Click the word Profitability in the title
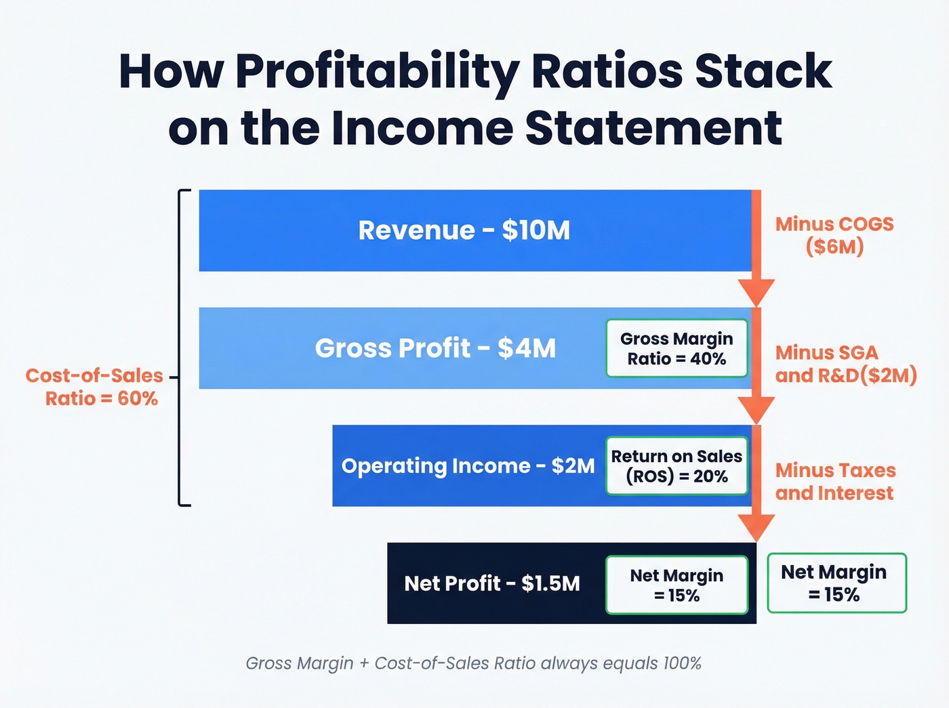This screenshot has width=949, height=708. click(x=377, y=72)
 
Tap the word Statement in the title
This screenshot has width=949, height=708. click(x=653, y=128)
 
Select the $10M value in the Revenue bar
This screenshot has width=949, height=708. click(x=536, y=230)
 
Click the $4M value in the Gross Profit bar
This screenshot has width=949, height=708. click(x=526, y=348)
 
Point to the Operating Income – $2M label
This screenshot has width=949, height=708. click(x=468, y=466)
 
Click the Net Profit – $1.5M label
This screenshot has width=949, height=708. click(x=492, y=583)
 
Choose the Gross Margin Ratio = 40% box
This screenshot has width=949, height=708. click(x=677, y=348)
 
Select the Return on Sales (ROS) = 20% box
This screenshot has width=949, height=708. click(x=677, y=466)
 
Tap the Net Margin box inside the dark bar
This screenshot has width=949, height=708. click(x=677, y=585)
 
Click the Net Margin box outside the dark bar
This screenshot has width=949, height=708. click(x=836, y=583)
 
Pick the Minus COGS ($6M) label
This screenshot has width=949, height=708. click(x=834, y=235)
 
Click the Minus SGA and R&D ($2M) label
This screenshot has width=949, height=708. click(x=845, y=364)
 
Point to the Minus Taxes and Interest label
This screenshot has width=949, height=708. click(x=835, y=482)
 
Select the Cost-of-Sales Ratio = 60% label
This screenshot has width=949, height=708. click(x=95, y=387)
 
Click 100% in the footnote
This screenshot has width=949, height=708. click(x=682, y=663)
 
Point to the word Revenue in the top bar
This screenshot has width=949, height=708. click(x=416, y=230)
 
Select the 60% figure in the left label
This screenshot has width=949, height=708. click(x=138, y=398)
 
